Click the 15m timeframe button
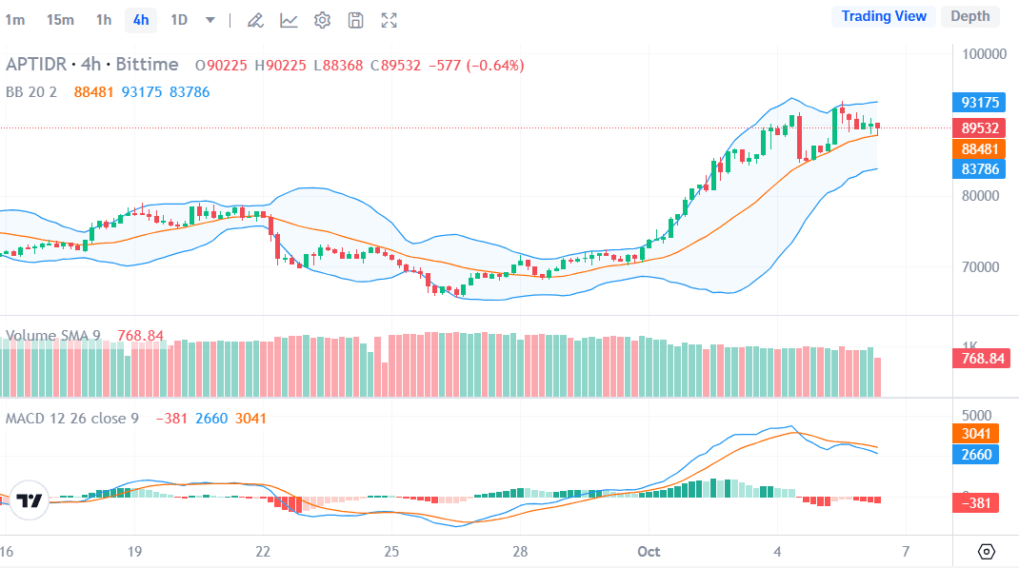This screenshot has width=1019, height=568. [60, 19]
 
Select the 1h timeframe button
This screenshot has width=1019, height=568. [104, 19]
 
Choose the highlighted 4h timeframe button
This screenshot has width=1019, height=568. [141, 19]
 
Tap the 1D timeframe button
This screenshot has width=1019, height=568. [178, 19]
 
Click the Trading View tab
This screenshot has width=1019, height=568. [884, 16]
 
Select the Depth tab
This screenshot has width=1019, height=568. [969, 16]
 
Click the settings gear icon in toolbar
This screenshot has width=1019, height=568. [322, 20]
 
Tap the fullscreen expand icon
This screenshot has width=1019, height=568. [389, 20]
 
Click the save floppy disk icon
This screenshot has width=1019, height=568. [355, 20]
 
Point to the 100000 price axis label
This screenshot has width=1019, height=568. [984, 53]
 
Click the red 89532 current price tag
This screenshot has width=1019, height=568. [979, 127]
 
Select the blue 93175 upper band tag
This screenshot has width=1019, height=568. [979, 103]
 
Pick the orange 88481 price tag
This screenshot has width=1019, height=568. [979, 149]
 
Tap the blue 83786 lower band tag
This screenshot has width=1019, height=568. [979, 169]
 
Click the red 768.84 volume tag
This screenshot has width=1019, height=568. [980, 359]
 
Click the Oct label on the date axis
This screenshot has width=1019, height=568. [649, 551]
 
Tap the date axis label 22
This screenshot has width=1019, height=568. [264, 551]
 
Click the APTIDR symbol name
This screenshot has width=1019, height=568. [36, 65]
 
